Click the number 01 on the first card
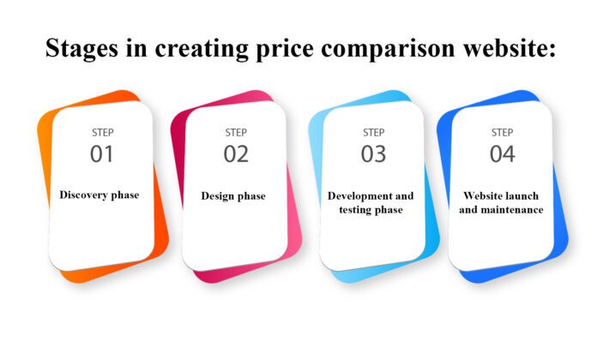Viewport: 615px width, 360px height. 102,154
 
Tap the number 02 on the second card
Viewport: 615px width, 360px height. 236,154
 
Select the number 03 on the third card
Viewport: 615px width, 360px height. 373,154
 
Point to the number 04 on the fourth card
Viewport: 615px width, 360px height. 503,154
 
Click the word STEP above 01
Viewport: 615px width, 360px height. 102,133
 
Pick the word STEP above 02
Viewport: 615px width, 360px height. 236,133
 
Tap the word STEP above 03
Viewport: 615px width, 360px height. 373,133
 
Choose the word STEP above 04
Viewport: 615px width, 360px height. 503,133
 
